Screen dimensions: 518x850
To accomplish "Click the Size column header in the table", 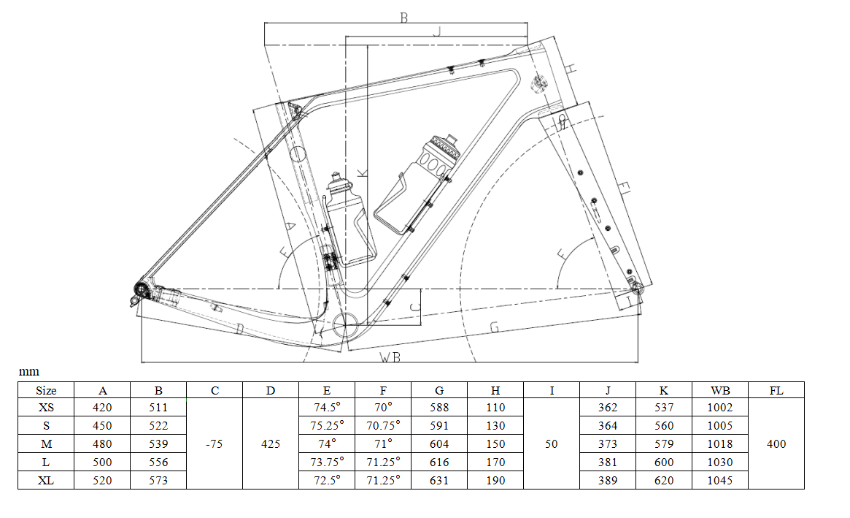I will [x=46, y=391].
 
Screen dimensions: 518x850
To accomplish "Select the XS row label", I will [x=46, y=408].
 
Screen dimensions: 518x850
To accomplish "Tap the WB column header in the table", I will [x=719, y=391].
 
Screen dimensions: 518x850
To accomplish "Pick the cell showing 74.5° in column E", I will [x=327, y=408].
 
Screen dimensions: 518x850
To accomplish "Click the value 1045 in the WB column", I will [x=719, y=480].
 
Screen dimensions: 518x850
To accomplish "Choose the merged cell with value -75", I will [x=215, y=444].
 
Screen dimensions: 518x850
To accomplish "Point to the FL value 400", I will [x=776, y=444].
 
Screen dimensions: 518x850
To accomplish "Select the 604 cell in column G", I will [x=439, y=444].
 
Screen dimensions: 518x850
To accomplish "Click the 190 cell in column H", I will [x=495, y=480].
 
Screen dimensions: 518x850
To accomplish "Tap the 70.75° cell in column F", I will [x=383, y=426].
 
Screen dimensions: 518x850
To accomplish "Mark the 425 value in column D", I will [x=271, y=444].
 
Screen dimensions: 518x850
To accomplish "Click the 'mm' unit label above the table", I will [x=28, y=372].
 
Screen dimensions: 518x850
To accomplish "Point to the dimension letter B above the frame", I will [x=403, y=18].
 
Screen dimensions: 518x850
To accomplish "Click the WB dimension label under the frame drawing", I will [x=391, y=357].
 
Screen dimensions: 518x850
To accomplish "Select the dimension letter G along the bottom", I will [x=494, y=327].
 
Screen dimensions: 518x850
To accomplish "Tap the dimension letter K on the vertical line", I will [x=363, y=172].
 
